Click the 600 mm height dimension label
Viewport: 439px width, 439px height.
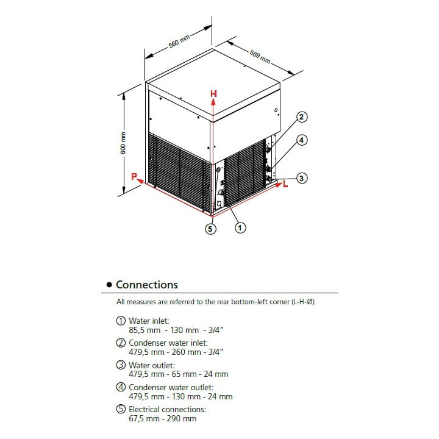coord(123,143)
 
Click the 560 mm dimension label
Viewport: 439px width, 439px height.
coord(180,43)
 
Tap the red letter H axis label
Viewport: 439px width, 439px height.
coord(213,93)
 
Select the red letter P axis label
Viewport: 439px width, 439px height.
coord(134,177)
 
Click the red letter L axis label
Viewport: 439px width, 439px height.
coord(285,184)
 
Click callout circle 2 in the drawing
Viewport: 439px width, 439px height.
coord(301,116)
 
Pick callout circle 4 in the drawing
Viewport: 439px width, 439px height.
coord(301,140)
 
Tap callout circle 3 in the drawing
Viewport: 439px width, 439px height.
coord(301,178)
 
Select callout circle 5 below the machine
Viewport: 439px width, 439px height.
coord(211,229)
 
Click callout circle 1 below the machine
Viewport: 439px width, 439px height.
coord(240,227)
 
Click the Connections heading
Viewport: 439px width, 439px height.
coord(147,285)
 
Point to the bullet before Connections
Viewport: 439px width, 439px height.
coord(109,285)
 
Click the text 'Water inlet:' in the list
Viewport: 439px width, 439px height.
coord(149,320)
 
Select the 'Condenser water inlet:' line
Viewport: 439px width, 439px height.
coord(168,343)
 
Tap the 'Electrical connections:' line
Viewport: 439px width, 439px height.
coord(167,410)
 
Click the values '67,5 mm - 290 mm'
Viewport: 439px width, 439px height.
coord(162,418)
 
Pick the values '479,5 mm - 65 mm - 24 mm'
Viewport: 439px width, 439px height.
coord(178,374)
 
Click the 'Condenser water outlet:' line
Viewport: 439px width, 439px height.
coord(171,387)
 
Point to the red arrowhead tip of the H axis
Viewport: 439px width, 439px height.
coord(213,101)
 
